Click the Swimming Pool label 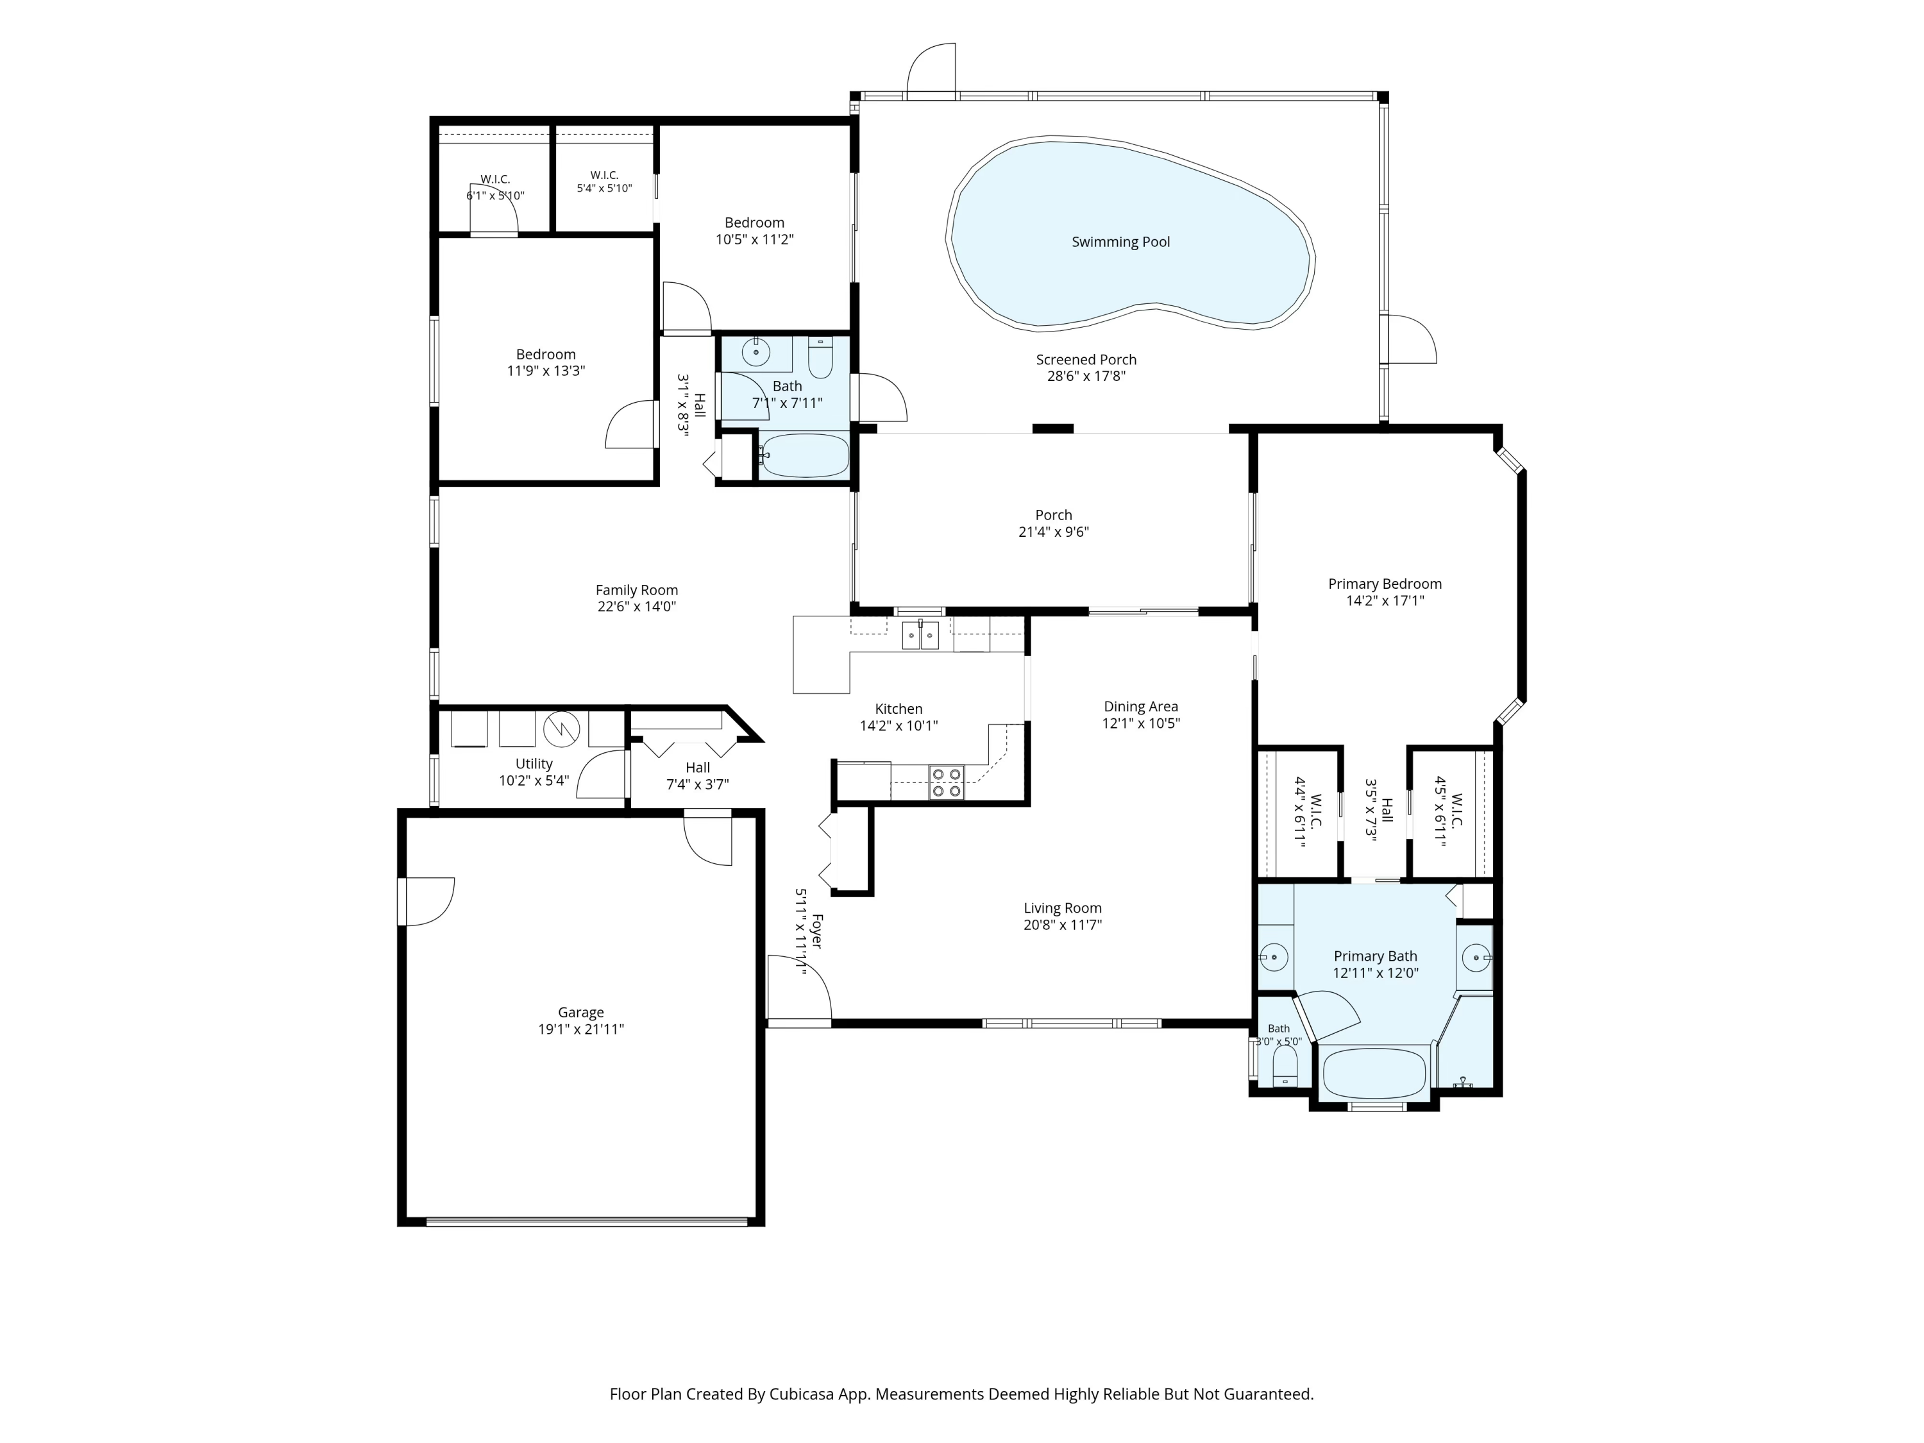pyautogui.click(x=1120, y=242)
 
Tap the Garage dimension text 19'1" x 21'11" pyautogui.click(x=581, y=1029)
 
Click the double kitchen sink pyautogui.click(x=920, y=636)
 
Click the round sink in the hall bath pyautogui.click(x=756, y=352)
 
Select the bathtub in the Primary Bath pyautogui.click(x=1374, y=1072)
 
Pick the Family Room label pyautogui.click(x=637, y=590)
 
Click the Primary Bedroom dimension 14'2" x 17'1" pyautogui.click(x=1385, y=600)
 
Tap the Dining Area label pyautogui.click(x=1141, y=706)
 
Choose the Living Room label pyautogui.click(x=1062, y=908)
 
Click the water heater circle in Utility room pyautogui.click(x=562, y=730)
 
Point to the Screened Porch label pyautogui.click(x=1086, y=359)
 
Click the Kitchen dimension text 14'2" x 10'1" pyautogui.click(x=899, y=725)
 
